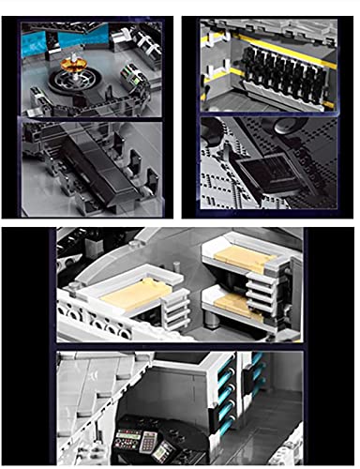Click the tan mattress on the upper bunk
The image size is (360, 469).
(x=241, y=259)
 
